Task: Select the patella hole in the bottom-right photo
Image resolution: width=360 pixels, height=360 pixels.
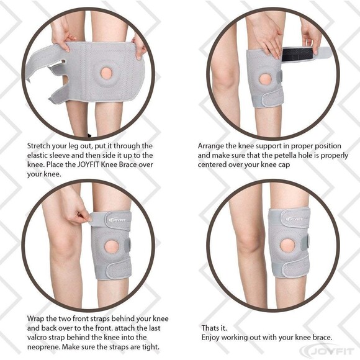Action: pos(287,245)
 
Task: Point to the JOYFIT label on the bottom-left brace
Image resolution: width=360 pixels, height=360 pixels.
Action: pos(117,218)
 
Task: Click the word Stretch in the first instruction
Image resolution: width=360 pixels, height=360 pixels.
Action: pos(39,145)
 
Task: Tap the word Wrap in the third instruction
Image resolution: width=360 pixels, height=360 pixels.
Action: pos(37,318)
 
